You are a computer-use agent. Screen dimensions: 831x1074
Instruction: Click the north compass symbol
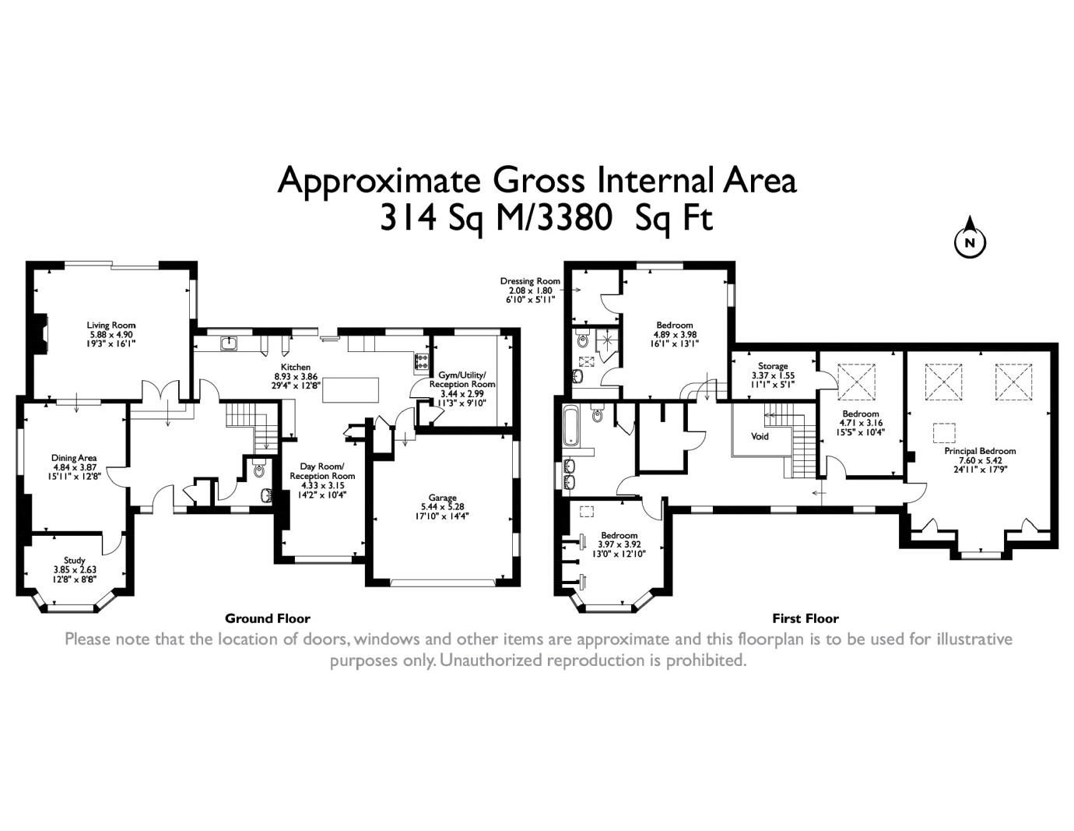pyautogui.click(x=970, y=241)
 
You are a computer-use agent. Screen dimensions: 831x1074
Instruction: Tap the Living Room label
pyautogui.click(x=111, y=325)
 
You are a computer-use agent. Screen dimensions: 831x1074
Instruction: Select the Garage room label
pyautogui.click(x=442, y=498)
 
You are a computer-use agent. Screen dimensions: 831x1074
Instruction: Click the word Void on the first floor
pyautogui.click(x=760, y=436)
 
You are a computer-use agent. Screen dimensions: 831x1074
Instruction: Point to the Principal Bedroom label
pyautogui.click(x=980, y=451)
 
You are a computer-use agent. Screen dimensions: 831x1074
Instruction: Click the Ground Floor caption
pyautogui.click(x=267, y=618)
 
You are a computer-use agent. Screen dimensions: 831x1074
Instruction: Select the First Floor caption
pyautogui.click(x=805, y=618)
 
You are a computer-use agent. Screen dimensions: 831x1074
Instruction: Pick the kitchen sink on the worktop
pyautogui.click(x=229, y=343)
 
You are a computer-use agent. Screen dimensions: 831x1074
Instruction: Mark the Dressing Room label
pyautogui.click(x=530, y=281)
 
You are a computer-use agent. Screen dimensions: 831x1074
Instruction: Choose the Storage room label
pyautogui.click(x=773, y=366)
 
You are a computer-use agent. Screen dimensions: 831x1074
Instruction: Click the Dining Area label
pyautogui.click(x=74, y=458)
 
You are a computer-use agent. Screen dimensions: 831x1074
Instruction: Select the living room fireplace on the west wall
pyautogui.click(x=44, y=330)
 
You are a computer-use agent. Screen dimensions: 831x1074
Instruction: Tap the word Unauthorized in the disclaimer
pyautogui.click(x=491, y=660)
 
